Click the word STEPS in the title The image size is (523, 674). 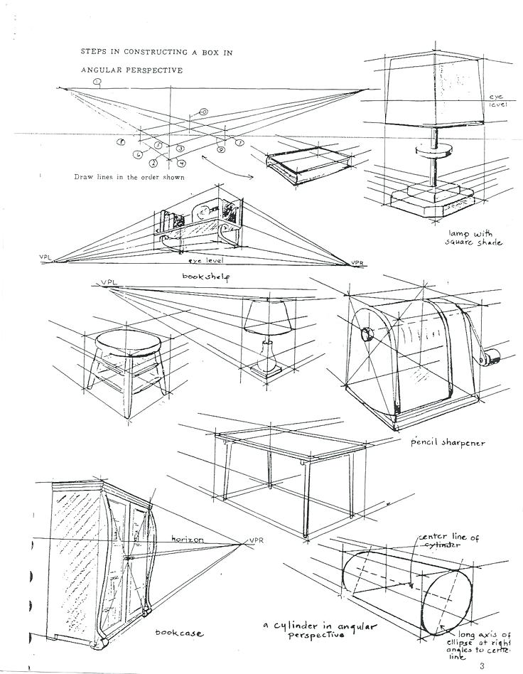click(x=94, y=53)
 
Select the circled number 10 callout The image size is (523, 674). click(x=203, y=112)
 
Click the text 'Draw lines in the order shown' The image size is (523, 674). click(x=129, y=177)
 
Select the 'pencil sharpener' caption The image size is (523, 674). click(x=448, y=442)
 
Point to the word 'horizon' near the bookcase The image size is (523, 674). click(x=188, y=540)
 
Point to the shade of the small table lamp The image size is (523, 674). click(x=270, y=317)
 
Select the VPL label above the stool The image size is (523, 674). click(x=109, y=282)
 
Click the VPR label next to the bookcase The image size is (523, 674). click(x=256, y=540)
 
